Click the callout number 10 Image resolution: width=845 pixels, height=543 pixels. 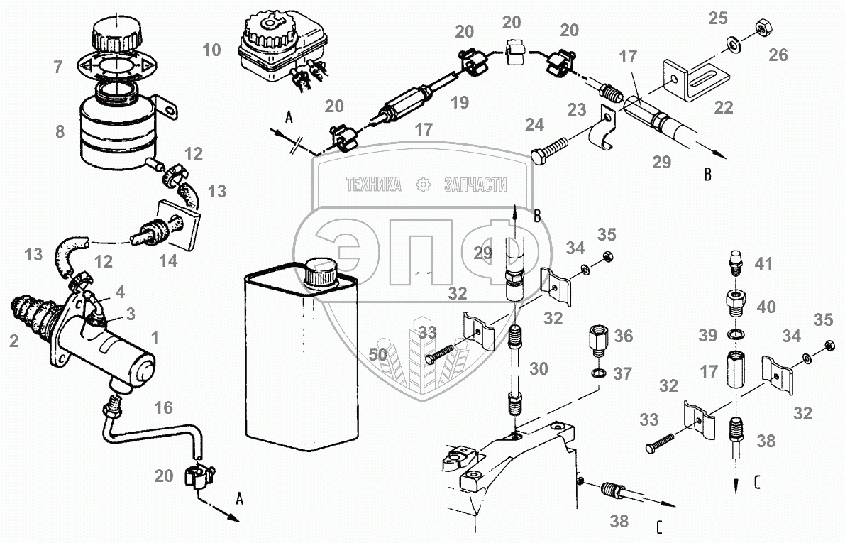click(x=211, y=50)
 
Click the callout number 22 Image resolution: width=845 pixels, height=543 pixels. click(x=724, y=108)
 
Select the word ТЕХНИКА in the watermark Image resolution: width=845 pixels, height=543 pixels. click(x=373, y=185)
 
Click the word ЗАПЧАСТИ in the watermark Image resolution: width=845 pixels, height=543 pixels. click(x=475, y=185)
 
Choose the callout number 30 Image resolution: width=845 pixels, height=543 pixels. click(x=540, y=368)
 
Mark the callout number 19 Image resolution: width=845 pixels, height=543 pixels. click(x=460, y=102)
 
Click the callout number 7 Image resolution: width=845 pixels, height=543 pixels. click(x=58, y=67)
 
